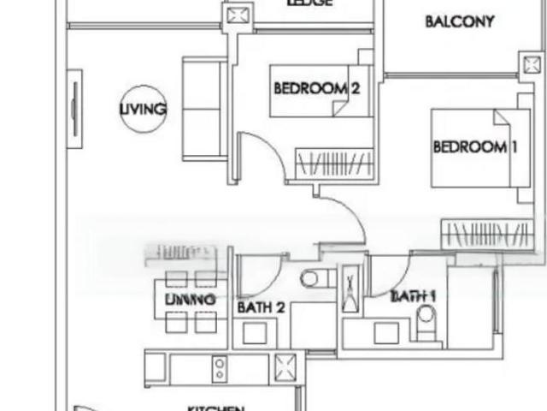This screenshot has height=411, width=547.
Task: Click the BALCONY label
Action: point(459,22)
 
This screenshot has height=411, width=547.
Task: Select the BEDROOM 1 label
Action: point(475,146)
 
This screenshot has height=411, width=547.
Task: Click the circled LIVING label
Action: point(143,109)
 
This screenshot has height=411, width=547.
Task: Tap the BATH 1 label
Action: point(413,296)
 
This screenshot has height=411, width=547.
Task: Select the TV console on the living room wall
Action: point(75,109)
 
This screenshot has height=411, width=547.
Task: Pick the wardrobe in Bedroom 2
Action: point(334,163)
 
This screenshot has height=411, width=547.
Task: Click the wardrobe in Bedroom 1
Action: point(486,234)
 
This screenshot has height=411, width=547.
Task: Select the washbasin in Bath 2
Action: point(254,332)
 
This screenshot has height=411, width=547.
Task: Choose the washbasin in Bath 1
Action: point(385,331)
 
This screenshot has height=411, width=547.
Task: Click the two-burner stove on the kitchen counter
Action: point(220,369)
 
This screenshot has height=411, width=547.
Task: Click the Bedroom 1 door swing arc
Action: point(346,214)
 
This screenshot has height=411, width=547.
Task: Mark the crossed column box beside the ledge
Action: point(235,15)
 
